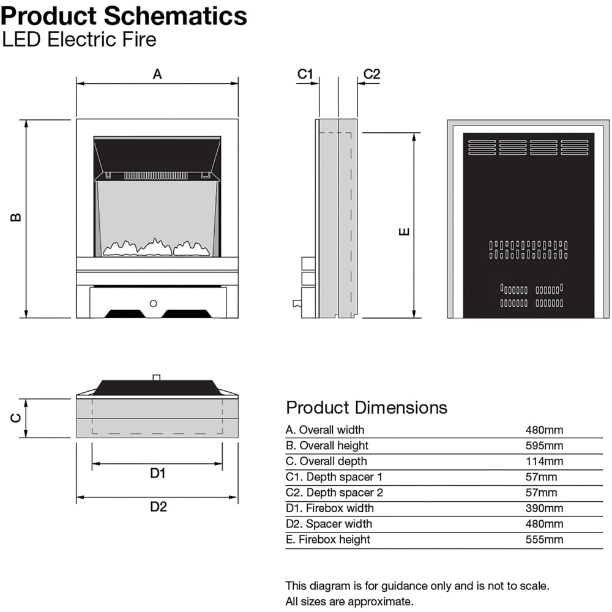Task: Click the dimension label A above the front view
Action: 157,75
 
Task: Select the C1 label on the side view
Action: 305,75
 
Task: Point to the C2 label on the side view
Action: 371,75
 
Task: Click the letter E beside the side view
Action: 404,231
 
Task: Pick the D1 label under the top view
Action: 158,473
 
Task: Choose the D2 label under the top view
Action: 158,507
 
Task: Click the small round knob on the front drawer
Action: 153,303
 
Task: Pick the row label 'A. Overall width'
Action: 324,430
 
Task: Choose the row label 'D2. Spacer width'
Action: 328,524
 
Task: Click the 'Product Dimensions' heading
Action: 367,408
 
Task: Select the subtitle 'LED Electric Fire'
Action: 79,40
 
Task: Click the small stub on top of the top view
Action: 157,377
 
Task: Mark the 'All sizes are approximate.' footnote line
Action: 349,601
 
